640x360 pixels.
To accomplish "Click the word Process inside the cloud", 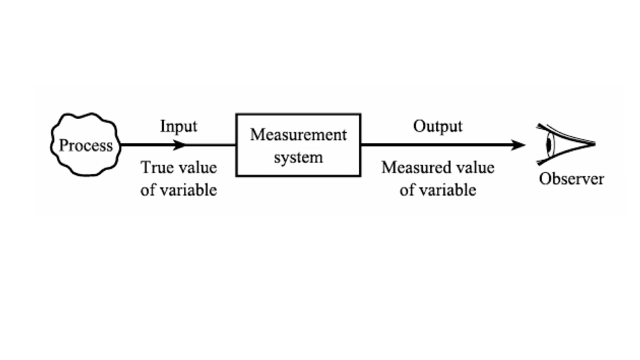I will click(86, 146).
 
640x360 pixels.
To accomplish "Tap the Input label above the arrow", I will click(178, 127).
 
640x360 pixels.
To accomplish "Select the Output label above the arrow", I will click(437, 126).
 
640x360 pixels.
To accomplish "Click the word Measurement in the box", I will click(298, 135).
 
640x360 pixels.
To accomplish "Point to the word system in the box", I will click(298, 157).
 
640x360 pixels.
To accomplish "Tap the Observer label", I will click(571, 179).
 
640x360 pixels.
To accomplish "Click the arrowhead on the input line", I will click(179, 145).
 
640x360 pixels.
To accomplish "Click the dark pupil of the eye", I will click(548, 145).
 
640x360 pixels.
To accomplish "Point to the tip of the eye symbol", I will click(594, 144).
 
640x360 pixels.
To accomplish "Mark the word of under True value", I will click(147, 190).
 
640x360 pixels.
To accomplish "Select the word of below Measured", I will click(407, 190).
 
